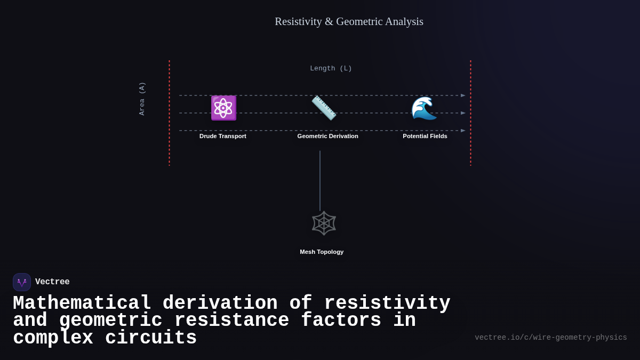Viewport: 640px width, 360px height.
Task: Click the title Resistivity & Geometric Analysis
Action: [x=349, y=21]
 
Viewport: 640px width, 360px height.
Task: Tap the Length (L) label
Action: [x=331, y=68]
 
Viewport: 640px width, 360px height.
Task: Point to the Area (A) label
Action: [x=142, y=99]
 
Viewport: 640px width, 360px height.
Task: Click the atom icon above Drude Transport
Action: [x=223, y=108]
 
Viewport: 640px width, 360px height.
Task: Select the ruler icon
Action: [x=324, y=108]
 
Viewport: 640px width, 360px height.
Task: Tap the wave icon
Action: [x=424, y=108]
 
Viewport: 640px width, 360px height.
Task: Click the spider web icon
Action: [x=324, y=223]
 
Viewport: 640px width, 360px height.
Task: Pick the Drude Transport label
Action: [x=223, y=136]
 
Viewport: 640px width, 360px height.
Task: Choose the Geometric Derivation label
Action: [x=327, y=136]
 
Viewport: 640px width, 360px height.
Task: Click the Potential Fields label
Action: [x=425, y=136]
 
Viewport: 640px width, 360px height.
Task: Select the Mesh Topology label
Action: [x=322, y=252]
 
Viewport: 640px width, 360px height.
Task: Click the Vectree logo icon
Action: [x=22, y=282]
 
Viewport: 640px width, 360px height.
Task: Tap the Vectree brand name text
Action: [x=52, y=282]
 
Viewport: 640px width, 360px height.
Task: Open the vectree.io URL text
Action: [x=550, y=338]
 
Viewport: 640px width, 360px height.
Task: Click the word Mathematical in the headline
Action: [x=82, y=303]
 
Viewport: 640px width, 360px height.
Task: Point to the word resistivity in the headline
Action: [x=387, y=303]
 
